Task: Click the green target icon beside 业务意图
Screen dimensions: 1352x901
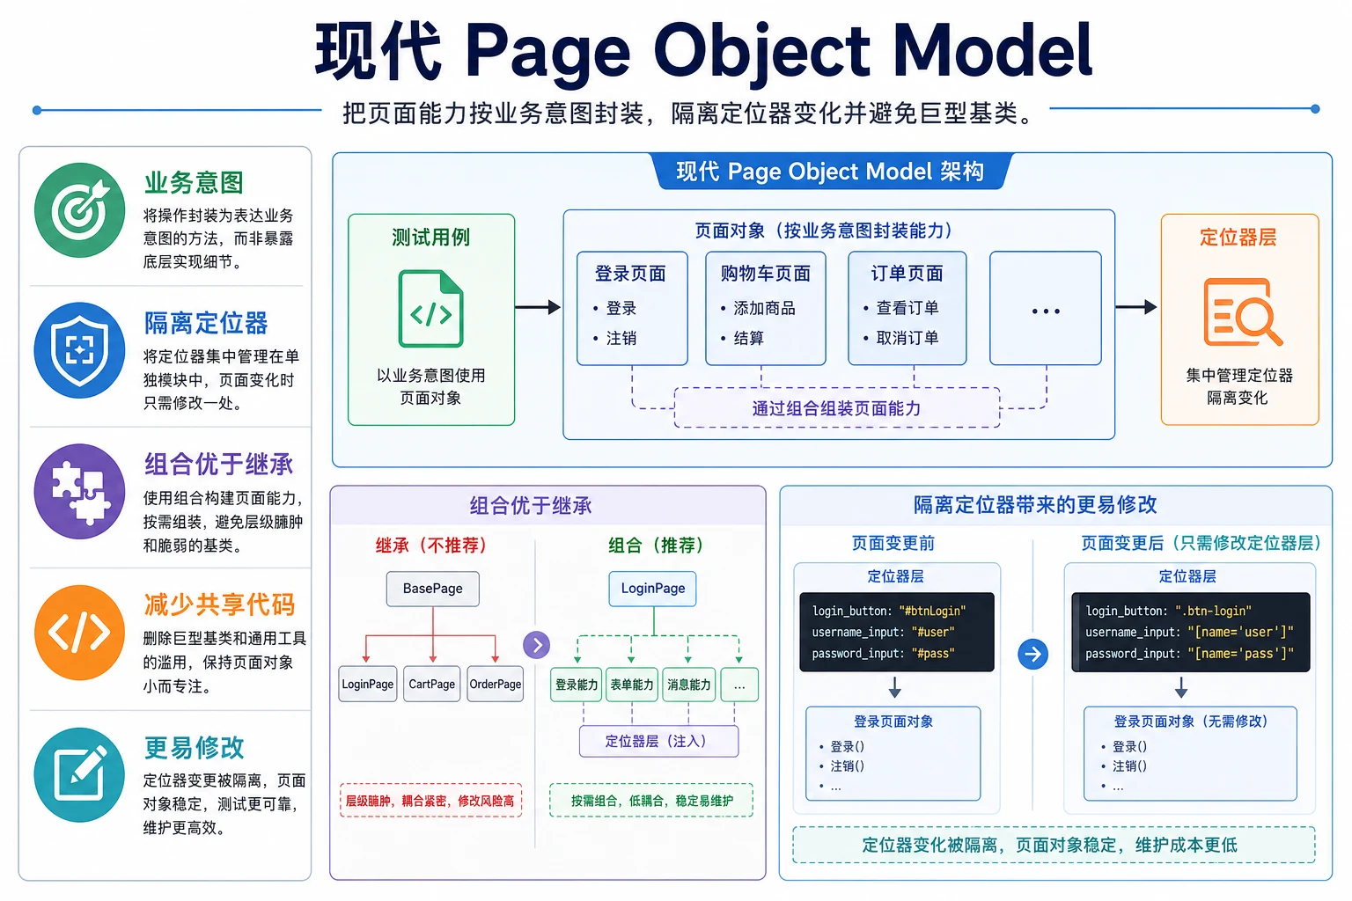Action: (80, 210)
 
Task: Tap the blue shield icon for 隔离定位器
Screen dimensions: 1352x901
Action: (80, 350)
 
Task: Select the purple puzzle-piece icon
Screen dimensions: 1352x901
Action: (80, 492)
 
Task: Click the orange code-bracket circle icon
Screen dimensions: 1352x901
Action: (80, 633)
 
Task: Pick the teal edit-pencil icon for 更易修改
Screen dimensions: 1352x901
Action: (80, 775)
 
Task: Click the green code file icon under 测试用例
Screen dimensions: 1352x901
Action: (431, 309)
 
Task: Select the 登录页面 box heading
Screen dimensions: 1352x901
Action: (630, 274)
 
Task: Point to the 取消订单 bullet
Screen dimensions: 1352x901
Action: (901, 338)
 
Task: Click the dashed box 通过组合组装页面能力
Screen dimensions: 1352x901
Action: (836, 408)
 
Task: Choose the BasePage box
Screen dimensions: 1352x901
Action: (433, 589)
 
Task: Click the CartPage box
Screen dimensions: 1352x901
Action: (431, 684)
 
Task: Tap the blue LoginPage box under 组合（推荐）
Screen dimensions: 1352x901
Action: (652, 589)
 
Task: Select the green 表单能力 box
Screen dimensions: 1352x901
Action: (632, 685)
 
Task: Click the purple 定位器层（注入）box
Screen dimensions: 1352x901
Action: (658, 741)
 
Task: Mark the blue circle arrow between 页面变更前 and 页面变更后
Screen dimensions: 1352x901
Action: (1032, 654)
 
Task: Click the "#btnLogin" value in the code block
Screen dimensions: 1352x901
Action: (932, 611)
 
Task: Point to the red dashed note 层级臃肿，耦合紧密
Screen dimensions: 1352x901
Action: (431, 800)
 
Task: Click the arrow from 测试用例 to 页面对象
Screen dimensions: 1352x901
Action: (538, 307)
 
